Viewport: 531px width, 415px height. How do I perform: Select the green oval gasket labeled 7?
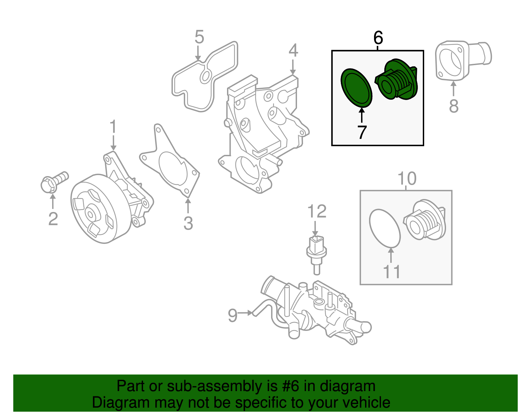pos(356,88)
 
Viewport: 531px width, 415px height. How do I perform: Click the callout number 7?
pos(362,132)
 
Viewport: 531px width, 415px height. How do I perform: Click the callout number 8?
pos(453,106)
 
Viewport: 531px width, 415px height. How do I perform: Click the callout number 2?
pos(53,219)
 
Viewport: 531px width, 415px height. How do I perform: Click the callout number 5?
pos(199,37)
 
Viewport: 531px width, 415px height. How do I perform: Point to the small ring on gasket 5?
pos(205,77)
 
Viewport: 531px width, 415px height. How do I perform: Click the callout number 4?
pos(293,51)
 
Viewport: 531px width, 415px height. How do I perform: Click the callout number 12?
pos(317,211)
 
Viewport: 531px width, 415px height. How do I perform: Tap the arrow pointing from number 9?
pos(246,313)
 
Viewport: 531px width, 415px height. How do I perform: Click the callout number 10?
pos(407,179)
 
